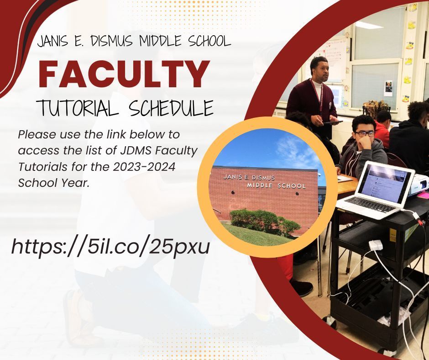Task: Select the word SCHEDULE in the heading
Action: coord(171,107)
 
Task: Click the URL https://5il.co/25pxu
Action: coord(110,247)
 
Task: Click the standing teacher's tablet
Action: coord(332,122)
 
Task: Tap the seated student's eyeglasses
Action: coord(365,134)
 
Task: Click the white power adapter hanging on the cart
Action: coord(375,245)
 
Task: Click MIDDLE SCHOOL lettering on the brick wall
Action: coord(276,185)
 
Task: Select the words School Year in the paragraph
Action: coord(54,183)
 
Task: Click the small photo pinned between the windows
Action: coord(388,88)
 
